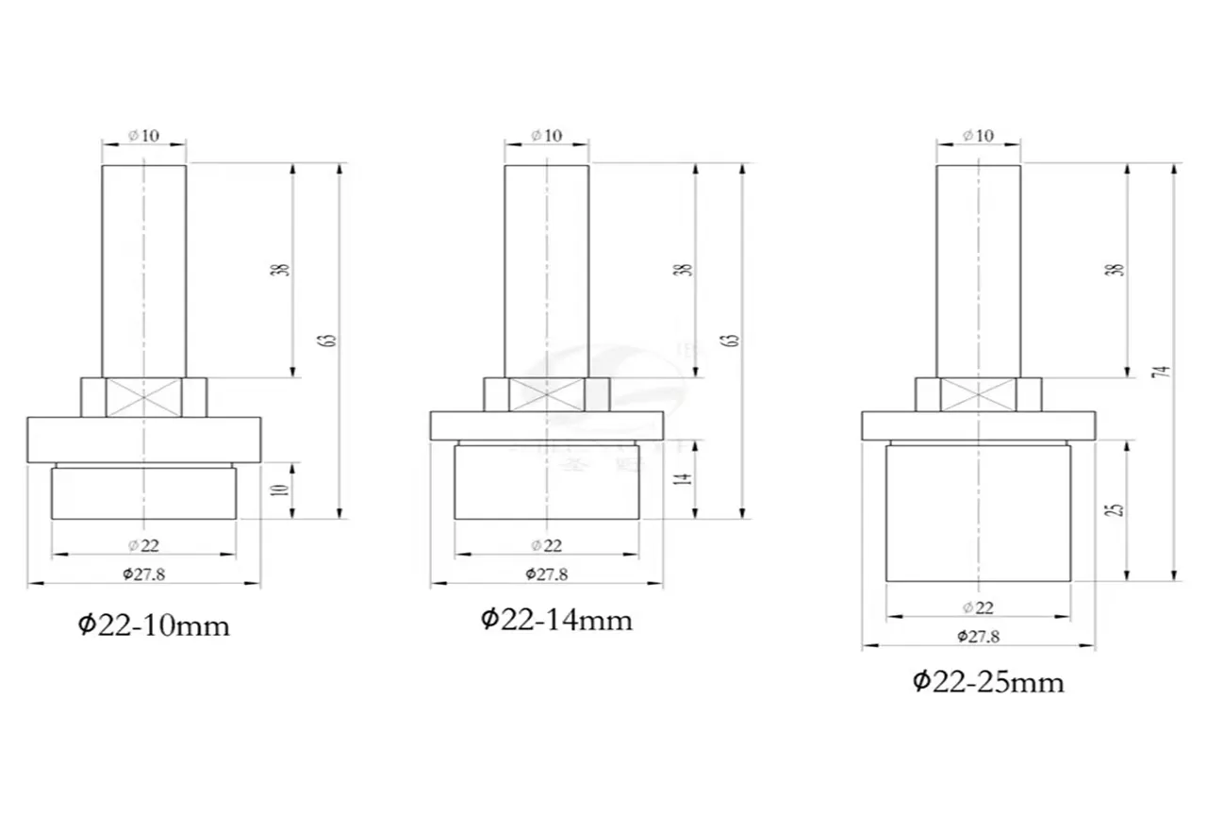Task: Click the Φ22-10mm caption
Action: (x=153, y=625)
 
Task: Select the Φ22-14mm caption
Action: (x=556, y=620)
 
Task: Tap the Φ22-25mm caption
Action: (x=987, y=681)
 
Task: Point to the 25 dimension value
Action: (x=1118, y=508)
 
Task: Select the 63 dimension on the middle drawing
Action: (x=735, y=341)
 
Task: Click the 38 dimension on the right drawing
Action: (x=1118, y=269)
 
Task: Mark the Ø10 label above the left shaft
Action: (x=143, y=135)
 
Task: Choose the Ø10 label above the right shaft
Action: (x=978, y=135)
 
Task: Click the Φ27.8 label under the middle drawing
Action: (x=546, y=574)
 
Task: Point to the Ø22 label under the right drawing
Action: (x=978, y=607)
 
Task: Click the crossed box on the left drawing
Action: (x=143, y=397)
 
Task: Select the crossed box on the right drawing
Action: (x=978, y=394)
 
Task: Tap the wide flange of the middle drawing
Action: (x=547, y=425)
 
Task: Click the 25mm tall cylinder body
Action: (x=978, y=513)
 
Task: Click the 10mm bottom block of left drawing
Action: (x=143, y=492)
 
